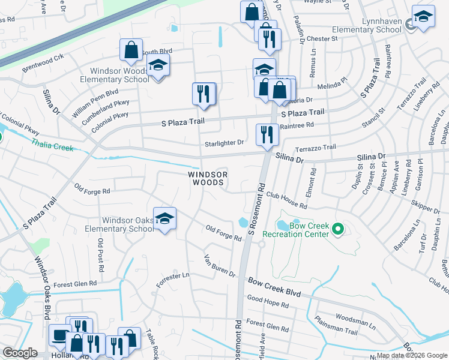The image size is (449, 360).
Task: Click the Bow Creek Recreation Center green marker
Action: [x=337, y=228]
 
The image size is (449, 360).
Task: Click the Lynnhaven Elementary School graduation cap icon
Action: [x=423, y=17]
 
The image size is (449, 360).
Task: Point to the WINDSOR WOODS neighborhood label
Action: [x=208, y=178]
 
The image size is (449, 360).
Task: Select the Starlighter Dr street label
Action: [x=224, y=143]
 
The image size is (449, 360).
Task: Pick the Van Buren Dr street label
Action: [x=219, y=265]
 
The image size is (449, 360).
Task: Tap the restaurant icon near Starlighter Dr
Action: [x=267, y=135]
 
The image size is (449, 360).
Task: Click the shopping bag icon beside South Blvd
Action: [x=131, y=50]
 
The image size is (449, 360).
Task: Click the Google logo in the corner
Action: [x=20, y=353]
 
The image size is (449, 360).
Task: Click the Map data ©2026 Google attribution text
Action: [x=412, y=355]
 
